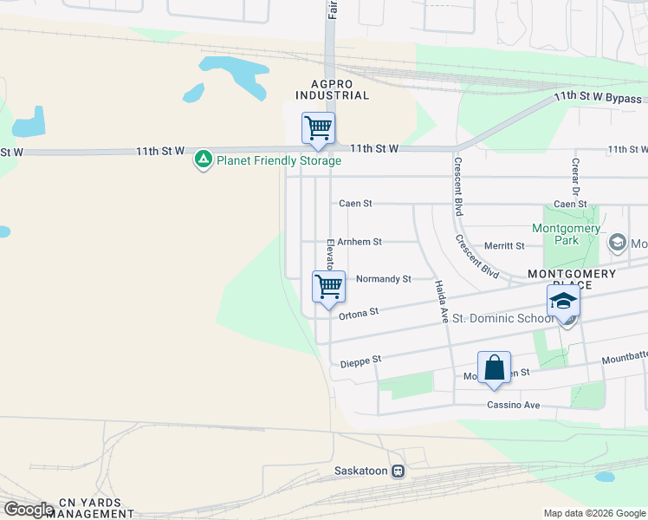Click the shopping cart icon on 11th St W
(x=318, y=128)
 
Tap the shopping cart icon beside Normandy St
(x=328, y=286)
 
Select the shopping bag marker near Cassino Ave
(x=494, y=367)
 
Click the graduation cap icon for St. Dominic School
(x=563, y=302)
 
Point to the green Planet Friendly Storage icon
(x=204, y=160)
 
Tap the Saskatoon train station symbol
(x=398, y=471)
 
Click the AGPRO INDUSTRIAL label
(x=333, y=89)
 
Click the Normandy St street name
(x=383, y=279)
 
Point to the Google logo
(x=29, y=510)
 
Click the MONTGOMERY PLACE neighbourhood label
(x=572, y=280)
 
